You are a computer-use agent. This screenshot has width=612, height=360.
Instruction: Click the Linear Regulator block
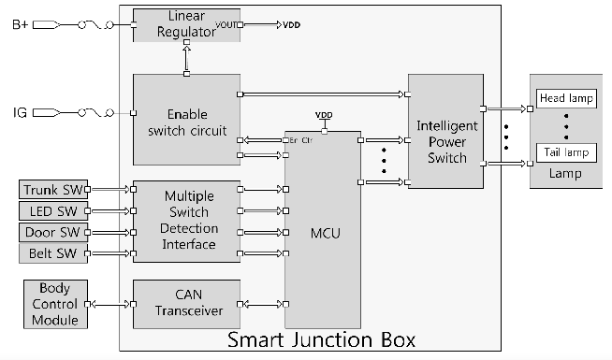tap(186, 25)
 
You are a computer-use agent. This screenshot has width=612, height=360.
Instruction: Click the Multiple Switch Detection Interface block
tap(190, 221)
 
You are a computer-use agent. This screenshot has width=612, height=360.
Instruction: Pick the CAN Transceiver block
tap(190, 304)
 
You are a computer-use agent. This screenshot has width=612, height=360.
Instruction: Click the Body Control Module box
tap(54, 304)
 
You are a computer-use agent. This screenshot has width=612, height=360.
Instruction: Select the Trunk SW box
tap(54, 190)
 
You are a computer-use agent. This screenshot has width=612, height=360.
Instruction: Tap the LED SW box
tap(54, 211)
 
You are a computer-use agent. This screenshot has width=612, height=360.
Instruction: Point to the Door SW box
tap(54, 232)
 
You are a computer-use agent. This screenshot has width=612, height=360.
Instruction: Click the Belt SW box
tap(54, 253)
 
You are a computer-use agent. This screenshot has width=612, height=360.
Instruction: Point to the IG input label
tap(19, 113)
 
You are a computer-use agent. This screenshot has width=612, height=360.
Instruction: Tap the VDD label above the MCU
tap(323, 115)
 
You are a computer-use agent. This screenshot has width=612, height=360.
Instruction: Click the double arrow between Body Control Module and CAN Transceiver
tap(109, 304)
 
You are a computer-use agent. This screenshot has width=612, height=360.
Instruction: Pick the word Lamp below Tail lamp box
tap(565, 174)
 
